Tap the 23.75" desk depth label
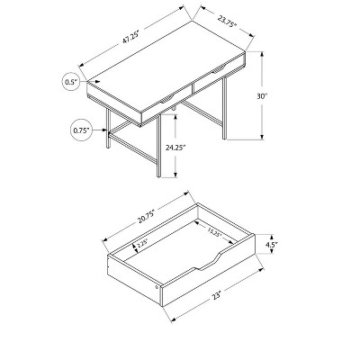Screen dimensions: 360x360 pyautogui.click(x=228, y=22)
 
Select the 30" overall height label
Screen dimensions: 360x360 pyautogui.click(x=262, y=96)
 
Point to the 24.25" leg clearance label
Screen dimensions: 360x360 pyautogui.click(x=175, y=148)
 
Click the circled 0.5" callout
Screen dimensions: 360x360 pyautogui.click(x=71, y=82)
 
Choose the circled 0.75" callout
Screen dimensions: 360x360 pyautogui.click(x=81, y=130)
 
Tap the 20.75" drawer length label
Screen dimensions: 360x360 pyautogui.click(x=146, y=217)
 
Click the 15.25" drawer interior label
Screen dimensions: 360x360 pyautogui.click(x=214, y=232)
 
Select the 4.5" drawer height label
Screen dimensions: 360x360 pyautogui.click(x=271, y=245)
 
